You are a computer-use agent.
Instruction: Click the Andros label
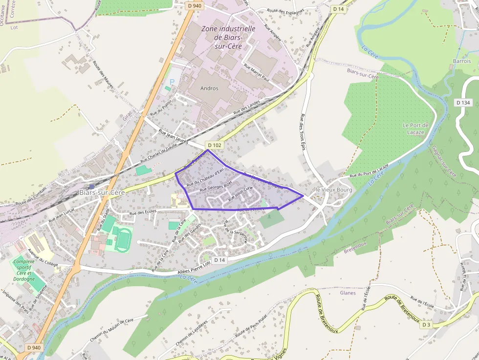[209, 88]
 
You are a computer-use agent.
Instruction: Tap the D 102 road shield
[214, 145]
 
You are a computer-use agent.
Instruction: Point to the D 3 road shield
[426, 325]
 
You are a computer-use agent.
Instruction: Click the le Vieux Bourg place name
[334, 190]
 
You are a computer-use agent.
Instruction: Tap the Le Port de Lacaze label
[415, 128]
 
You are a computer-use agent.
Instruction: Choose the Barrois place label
[461, 62]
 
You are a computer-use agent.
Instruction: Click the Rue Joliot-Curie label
[240, 193]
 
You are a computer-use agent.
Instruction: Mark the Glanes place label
[348, 293]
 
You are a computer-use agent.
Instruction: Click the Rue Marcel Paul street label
[257, 71]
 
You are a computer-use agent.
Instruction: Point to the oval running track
[124, 238]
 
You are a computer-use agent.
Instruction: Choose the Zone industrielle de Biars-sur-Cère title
[228, 37]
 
